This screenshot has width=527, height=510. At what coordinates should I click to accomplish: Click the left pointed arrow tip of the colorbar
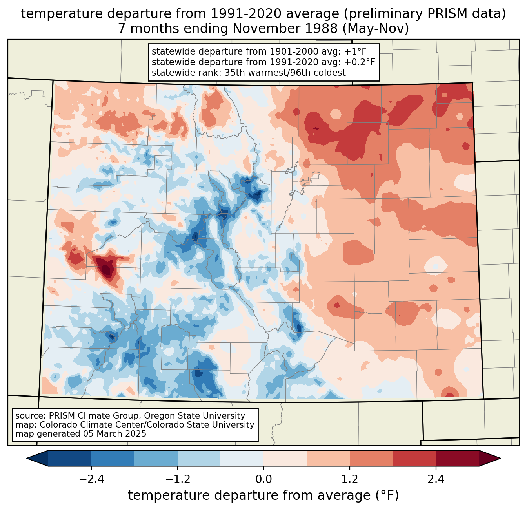(27, 459)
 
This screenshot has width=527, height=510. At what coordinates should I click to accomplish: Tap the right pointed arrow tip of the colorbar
(500, 459)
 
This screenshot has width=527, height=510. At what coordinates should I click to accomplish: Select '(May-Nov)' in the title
(376, 29)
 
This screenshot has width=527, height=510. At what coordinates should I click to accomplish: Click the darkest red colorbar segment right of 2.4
(458, 459)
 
